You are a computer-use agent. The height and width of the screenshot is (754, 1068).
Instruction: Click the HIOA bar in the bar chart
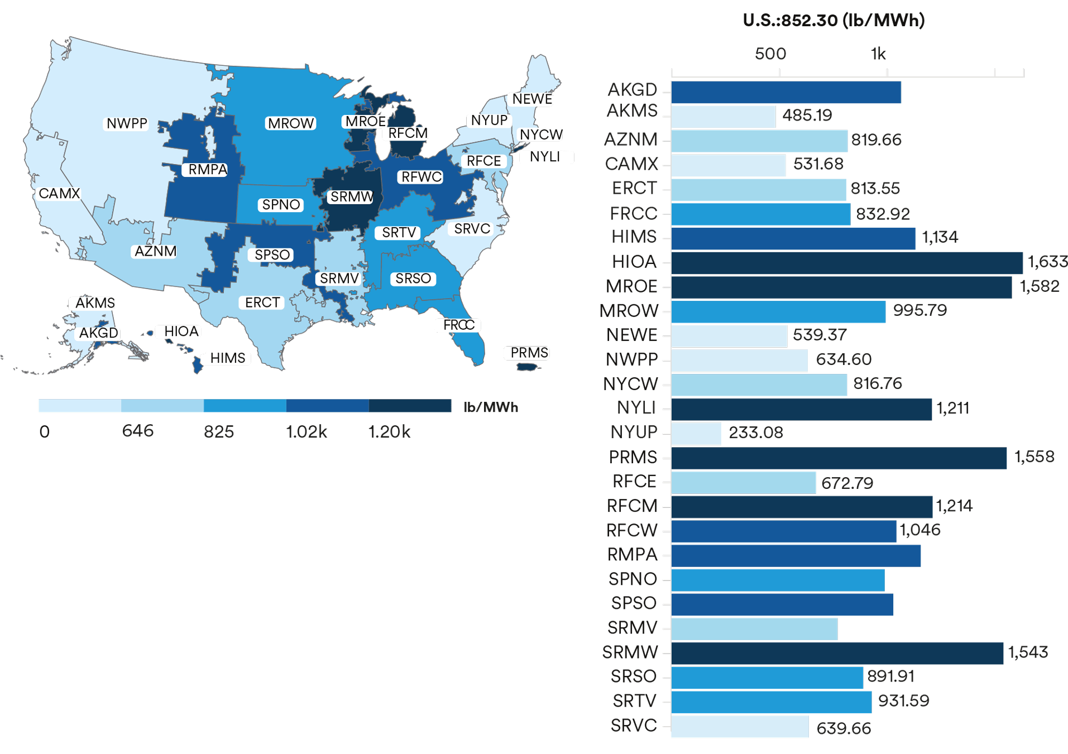(x=846, y=262)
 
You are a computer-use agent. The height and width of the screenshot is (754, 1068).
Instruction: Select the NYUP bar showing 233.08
(x=696, y=433)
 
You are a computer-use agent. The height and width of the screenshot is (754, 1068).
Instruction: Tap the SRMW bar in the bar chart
(x=836, y=653)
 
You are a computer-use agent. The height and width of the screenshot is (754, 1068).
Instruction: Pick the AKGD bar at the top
(x=786, y=92)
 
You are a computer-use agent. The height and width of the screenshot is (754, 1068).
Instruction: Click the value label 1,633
(x=1047, y=262)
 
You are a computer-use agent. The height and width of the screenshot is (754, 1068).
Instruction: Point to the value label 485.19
(x=806, y=116)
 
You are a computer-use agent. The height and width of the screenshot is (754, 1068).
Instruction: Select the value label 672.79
(x=846, y=483)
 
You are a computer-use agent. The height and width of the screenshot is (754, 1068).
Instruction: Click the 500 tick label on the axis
(x=770, y=54)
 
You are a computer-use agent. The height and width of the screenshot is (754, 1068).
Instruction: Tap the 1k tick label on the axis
(x=878, y=54)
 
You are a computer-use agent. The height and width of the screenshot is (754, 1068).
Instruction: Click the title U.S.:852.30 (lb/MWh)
(x=833, y=21)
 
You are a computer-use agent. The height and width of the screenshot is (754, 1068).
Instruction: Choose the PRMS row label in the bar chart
(x=633, y=457)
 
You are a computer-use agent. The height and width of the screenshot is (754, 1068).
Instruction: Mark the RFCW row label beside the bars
(x=631, y=530)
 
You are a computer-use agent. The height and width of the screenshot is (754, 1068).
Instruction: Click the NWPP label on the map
(x=127, y=123)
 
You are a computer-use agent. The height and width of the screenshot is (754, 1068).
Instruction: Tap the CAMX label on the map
(x=59, y=194)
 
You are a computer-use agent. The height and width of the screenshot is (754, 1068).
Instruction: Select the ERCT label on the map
(x=262, y=302)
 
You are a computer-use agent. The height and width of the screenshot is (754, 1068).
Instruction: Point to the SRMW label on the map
(x=351, y=197)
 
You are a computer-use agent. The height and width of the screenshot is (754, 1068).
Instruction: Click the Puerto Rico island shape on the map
(x=527, y=367)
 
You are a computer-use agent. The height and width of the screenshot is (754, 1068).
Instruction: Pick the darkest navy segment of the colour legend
(x=409, y=406)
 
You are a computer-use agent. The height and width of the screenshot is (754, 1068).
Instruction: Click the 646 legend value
(x=137, y=431)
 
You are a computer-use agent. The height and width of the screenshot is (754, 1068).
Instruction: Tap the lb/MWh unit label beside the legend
(x=490, y=407)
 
